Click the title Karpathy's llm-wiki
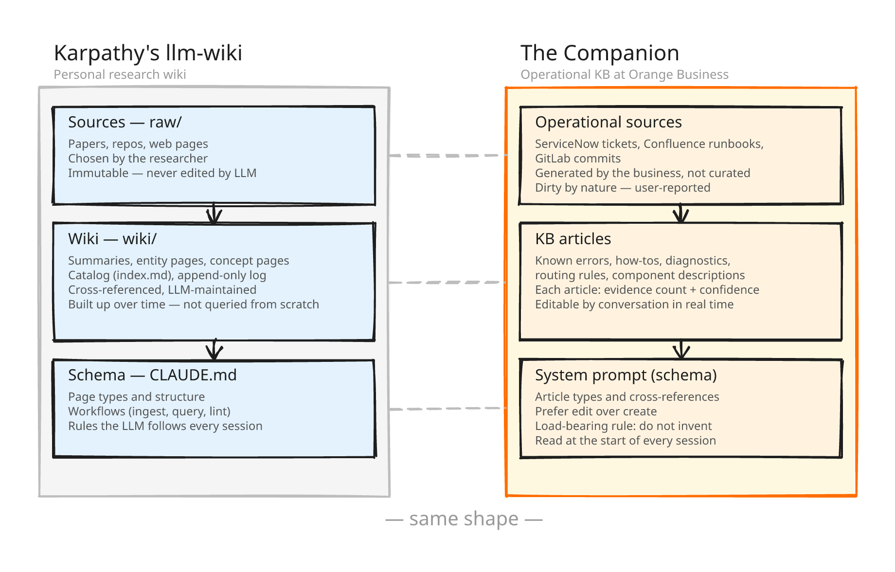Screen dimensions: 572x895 click(148, 53)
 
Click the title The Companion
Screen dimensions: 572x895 click(599, 53)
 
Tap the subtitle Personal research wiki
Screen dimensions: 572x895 click(120, 74)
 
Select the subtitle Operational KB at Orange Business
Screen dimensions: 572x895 click(624, 74)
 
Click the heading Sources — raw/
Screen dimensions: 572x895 click(125, 122)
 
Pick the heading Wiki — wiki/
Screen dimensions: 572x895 click(112, 239)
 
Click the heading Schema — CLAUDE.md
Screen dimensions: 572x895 click(152, 375)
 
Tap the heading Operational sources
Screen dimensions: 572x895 click(608, 122)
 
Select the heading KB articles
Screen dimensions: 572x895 click(573, 239)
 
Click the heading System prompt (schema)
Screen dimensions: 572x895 click(626, 375)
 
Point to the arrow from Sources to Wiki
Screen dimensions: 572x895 click(214, 214)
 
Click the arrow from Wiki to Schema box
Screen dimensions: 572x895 click(214, 349)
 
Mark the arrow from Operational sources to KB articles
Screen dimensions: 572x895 click(680, 213)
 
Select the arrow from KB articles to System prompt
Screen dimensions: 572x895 click(681, 349)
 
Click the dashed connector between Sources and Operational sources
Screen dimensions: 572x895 click(447, 156)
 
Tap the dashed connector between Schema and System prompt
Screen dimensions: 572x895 click(447, 409)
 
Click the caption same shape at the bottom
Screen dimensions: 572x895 click(464, 519)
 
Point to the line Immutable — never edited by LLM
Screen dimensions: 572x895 click(162, 173)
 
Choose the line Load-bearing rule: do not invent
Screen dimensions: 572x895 click(623, 426)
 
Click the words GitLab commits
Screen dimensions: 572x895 click(577, 159)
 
